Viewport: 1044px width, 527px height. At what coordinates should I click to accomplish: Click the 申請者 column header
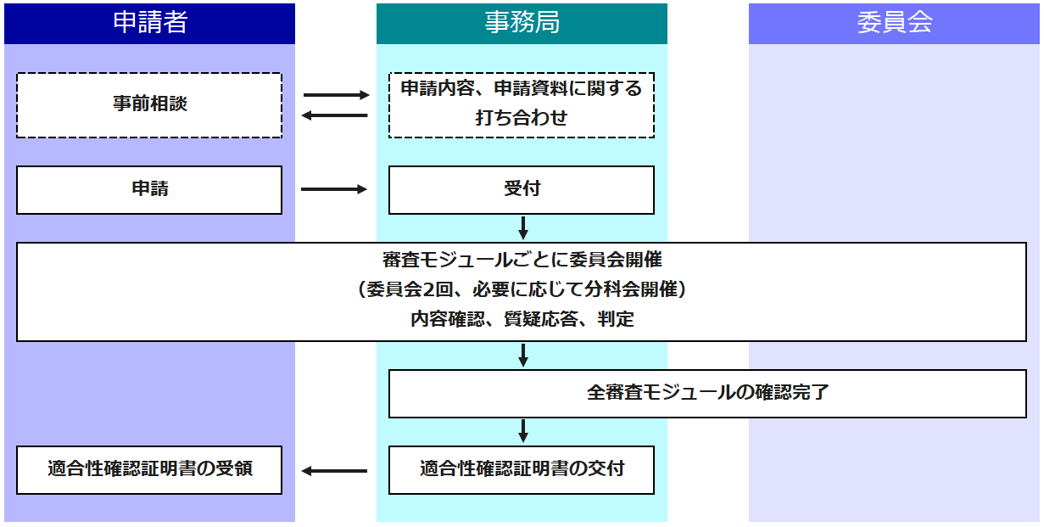[149, 23]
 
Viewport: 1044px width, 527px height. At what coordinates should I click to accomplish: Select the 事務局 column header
[522, 23]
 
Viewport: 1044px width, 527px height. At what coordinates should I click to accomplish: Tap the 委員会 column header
[894, 23]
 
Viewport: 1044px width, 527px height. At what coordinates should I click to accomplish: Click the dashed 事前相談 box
[149, 104]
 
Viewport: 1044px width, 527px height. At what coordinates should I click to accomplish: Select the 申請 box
[149, 189]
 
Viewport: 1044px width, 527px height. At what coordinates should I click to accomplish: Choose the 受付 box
[522, 189]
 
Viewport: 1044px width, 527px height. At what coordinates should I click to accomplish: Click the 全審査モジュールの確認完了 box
[707, 393]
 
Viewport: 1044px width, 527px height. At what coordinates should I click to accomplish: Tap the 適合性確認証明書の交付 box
[522, 469]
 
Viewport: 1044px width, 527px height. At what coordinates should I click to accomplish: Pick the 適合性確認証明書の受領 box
[149, 469]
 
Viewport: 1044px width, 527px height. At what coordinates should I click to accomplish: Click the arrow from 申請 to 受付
[334, 189]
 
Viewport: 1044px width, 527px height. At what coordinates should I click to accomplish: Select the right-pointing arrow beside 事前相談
[336, 95]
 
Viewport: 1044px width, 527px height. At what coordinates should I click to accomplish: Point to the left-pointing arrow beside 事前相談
[336, 115]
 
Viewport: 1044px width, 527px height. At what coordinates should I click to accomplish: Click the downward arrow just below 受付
[523, 228]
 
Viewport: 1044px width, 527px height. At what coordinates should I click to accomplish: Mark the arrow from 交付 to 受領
[334, 470]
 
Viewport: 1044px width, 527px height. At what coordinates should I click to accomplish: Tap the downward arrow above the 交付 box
[523, 431]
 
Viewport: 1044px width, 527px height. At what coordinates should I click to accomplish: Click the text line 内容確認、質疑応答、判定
[522, 320]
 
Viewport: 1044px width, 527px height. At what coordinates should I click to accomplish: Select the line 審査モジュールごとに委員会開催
[522, 260]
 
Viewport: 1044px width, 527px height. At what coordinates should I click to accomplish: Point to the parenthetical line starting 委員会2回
[522, 289]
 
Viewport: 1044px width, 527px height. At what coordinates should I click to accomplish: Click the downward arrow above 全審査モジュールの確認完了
[523, 355]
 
